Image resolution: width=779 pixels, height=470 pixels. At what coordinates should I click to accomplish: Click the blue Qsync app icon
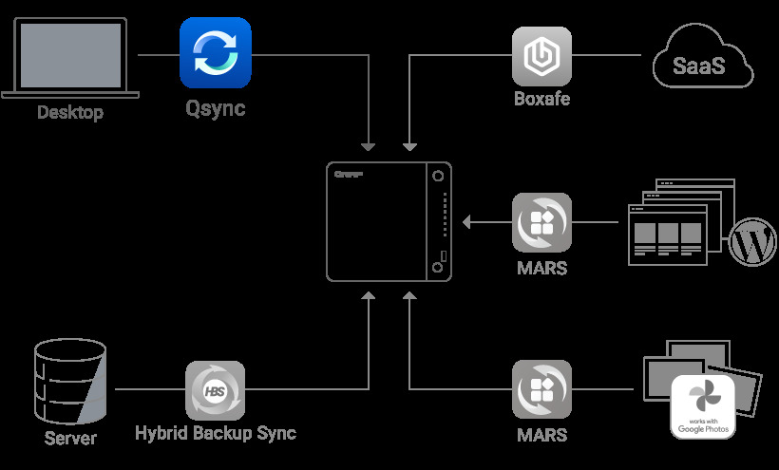216,53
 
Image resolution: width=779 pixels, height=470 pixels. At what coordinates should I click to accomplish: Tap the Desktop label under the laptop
70,113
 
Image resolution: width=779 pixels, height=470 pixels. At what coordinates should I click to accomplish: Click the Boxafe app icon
542,55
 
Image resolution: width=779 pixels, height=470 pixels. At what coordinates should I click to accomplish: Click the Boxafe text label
541,98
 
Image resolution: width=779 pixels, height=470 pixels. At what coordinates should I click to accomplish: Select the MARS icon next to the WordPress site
541,223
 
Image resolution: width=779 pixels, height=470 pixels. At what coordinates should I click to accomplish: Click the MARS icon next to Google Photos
541,390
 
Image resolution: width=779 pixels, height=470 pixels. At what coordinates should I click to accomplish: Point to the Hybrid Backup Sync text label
215,433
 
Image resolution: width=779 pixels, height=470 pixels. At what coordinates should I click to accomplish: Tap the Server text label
70,438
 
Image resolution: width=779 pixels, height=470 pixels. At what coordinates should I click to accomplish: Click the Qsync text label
215,108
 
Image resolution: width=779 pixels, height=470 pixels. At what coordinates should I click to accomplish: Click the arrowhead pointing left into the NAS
467,223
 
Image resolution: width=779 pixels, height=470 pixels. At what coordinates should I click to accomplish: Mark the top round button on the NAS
438,177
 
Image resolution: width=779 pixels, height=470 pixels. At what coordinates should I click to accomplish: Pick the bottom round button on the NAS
438,269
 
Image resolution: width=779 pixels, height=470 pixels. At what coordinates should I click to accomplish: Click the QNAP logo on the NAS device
351,174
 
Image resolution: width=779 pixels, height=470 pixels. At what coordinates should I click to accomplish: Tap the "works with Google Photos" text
703,426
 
